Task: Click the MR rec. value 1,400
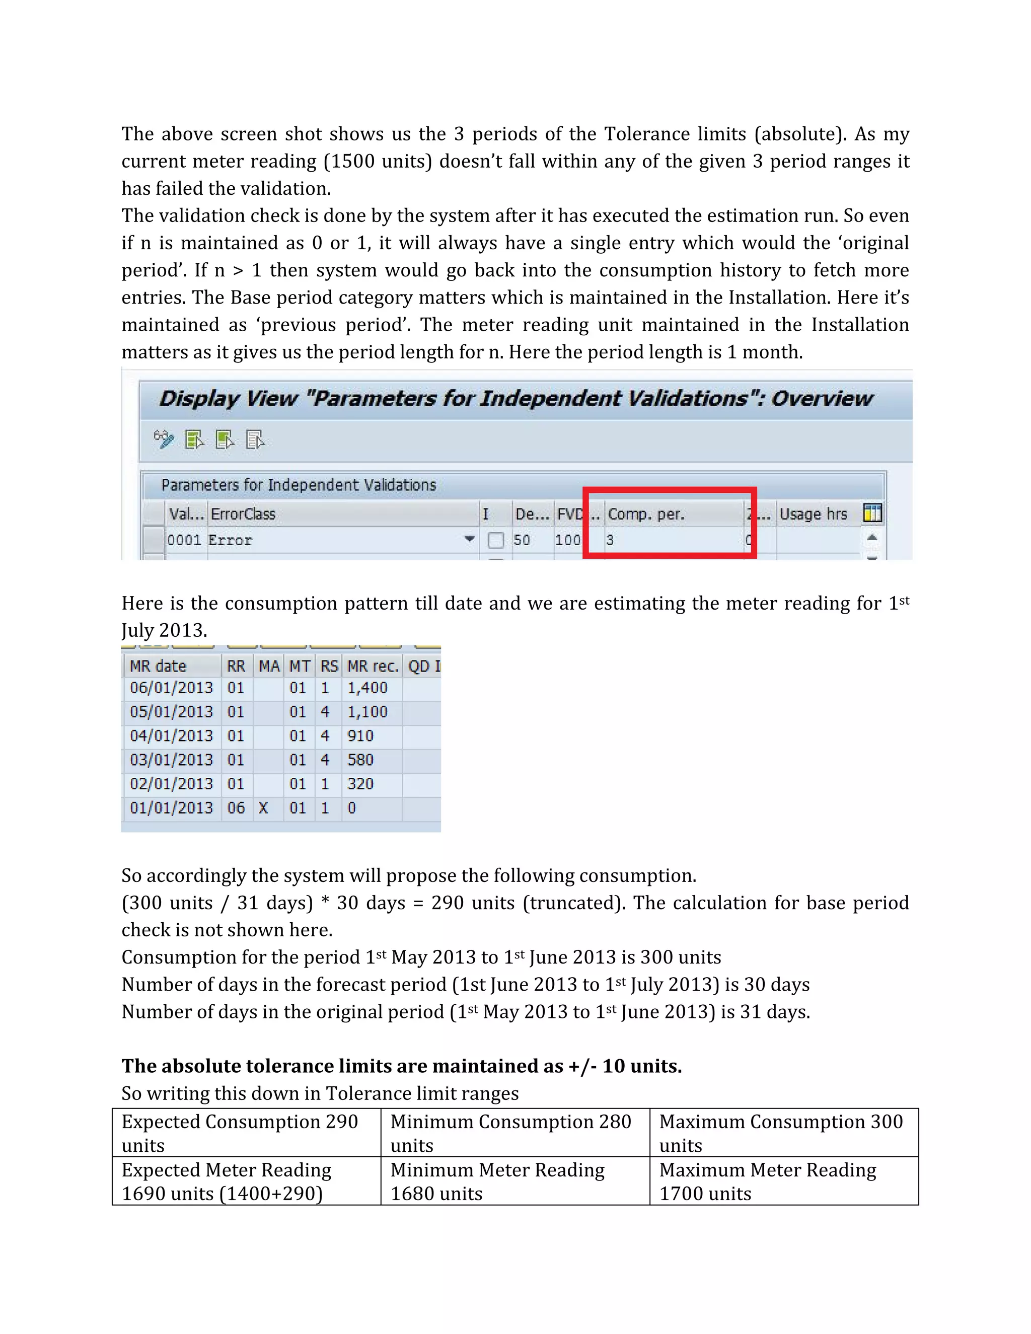367,688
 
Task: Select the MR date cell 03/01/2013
171,760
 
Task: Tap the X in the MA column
263,808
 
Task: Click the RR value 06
236,808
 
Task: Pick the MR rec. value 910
360,736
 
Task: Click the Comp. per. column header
645,514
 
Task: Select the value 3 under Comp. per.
610,540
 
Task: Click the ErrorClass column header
243,514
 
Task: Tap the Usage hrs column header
813,514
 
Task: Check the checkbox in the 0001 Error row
496,540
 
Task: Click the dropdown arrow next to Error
469,539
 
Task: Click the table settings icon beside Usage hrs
872,513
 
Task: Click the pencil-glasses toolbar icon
164,439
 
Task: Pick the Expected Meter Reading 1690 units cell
246,1180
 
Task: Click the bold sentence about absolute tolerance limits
401,1066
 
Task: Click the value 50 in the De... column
522,540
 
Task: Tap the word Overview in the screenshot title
822,398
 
